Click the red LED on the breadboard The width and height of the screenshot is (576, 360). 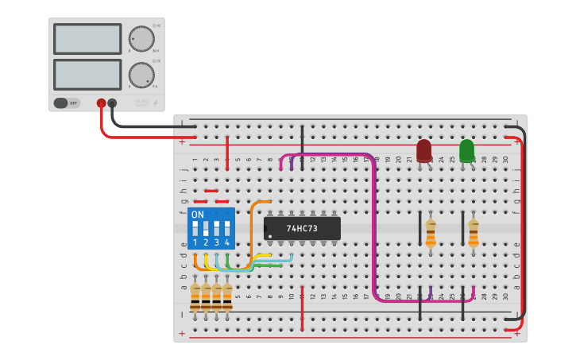tap(424, 150)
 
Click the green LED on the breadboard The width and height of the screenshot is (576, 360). tap(466, 150)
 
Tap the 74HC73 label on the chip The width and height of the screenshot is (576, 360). tap(302, 228)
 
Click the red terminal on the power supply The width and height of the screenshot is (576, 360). tap(101, 103)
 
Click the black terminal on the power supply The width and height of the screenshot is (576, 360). tap(112, 103)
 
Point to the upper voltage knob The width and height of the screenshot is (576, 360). tap(141, 38)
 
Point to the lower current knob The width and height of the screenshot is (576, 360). tap(141, 75)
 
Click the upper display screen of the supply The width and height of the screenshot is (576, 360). tap(87, 38)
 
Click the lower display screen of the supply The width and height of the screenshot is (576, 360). tap(87, 75)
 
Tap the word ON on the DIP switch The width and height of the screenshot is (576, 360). tap(198, 215)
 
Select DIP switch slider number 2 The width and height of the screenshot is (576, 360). tap(206, 228)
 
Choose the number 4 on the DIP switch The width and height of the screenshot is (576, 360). tap(227, 242)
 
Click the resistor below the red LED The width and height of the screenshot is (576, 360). tap(431, 233)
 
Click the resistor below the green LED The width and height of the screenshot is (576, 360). tap(474, 233)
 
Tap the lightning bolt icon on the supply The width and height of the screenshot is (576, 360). tap(155, 103)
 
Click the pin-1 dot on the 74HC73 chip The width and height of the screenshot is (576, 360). tap(270, 236)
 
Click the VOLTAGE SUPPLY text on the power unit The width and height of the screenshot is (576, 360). tap(141, 103)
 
